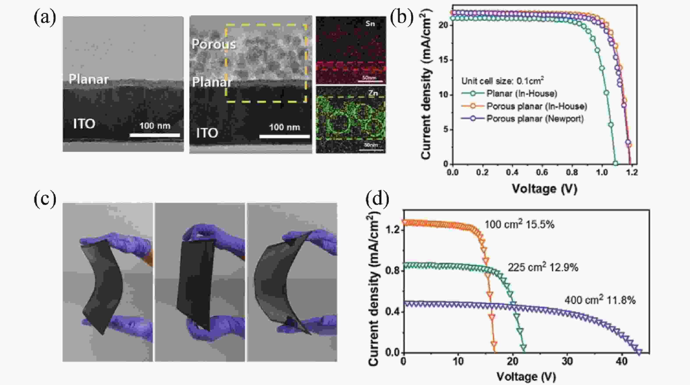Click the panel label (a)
point(45,18)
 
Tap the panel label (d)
point(377,200)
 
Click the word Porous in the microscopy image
point(214,44)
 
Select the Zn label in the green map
point(373,93)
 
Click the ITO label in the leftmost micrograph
point(84,124)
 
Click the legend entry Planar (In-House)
point(522,94)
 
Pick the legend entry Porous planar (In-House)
point(536,106)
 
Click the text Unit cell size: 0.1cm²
point(502,81)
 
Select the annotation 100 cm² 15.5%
point(519,225)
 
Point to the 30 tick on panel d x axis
point(567,361)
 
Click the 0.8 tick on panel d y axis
point(392,271)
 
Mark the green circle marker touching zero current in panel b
point(615,163)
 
